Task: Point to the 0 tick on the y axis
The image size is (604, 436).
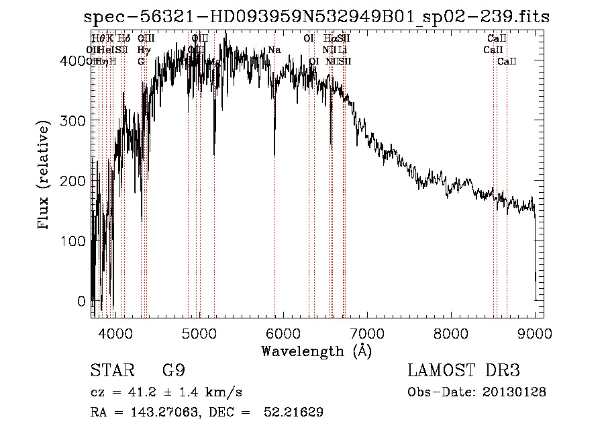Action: click(81, 301)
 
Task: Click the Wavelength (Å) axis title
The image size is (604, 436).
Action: click(316, 351)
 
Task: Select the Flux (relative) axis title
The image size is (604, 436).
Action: click(45, 177)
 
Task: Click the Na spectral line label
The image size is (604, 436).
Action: click(274, 50)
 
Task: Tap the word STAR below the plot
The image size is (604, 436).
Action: click(109, 371)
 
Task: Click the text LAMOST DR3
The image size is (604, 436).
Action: click(463, 371)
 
